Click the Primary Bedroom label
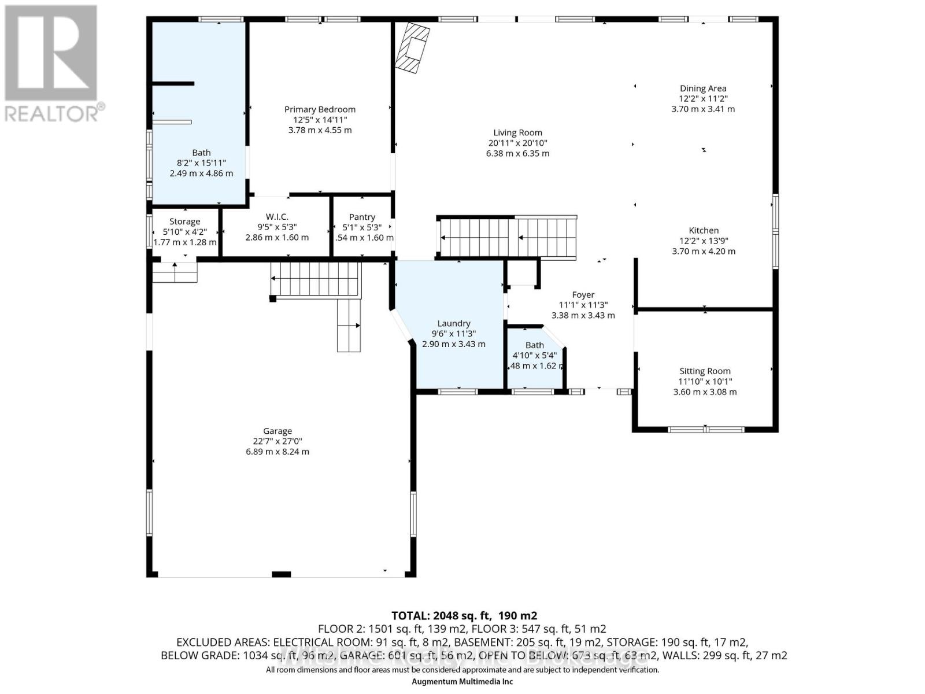320,109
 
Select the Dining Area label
703,88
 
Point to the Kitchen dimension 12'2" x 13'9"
704,241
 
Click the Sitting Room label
705,371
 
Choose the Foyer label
583,295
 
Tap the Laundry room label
454,323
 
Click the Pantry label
362,217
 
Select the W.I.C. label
277,217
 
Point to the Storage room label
184,222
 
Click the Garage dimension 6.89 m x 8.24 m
277,452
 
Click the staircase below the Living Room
508,238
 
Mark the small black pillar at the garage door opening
281,574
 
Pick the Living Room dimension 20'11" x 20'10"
517,143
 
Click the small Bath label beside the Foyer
534,345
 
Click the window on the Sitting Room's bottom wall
706,430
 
